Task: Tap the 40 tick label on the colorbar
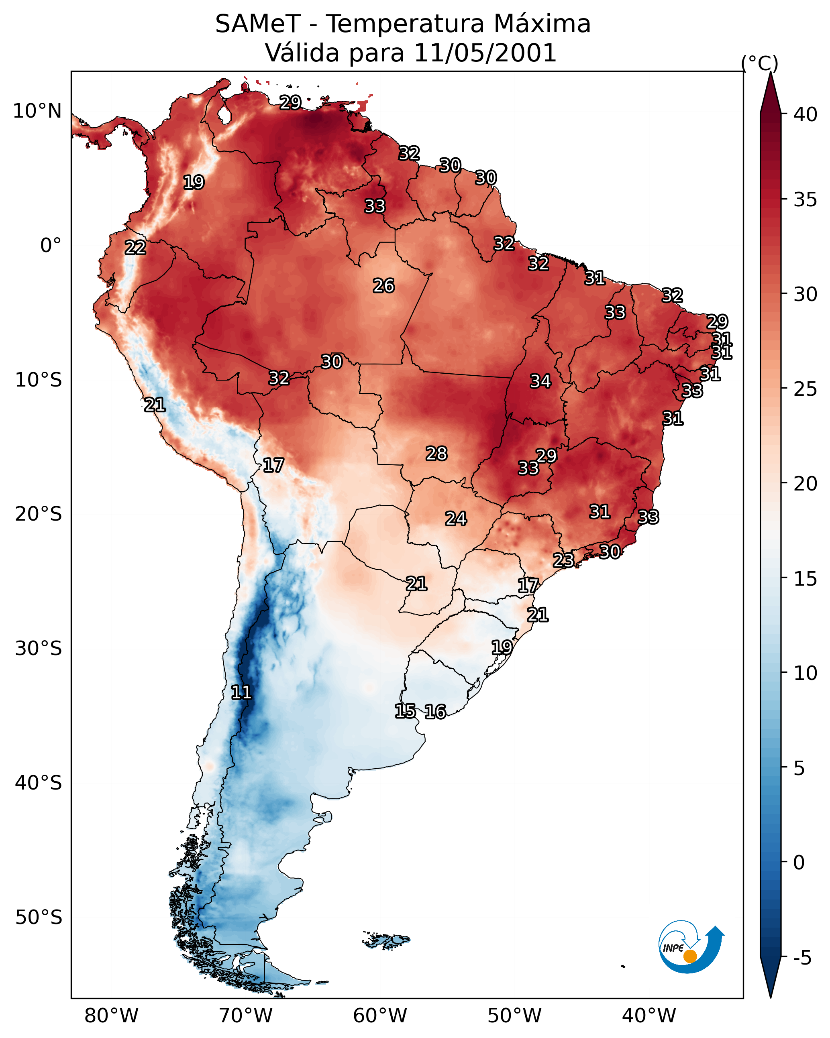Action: coord(806,114)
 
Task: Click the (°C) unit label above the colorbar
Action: coord(759,63)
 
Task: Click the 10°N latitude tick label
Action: coord(37,111)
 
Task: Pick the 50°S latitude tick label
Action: coord(39,918)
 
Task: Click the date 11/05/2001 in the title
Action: coord(485,53)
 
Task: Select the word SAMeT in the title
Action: coord(258,24)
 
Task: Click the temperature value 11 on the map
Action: coord(241,692)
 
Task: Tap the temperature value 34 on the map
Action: coord(540,381)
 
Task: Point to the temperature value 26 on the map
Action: coord(384,286)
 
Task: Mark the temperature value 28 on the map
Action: coord(436,454)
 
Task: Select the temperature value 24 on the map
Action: coord(456,519)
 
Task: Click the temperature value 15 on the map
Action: coord(405,711)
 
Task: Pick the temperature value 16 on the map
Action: coord(435,712)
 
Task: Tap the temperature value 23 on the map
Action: coord(563,560)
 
